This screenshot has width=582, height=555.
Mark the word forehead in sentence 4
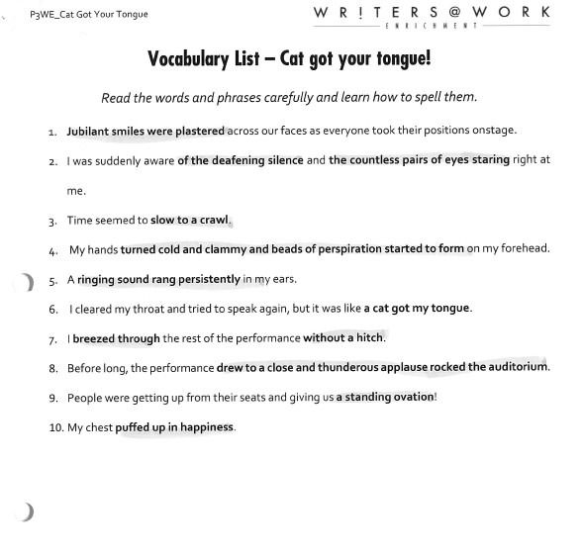pyautogui.click(x=517, y=249)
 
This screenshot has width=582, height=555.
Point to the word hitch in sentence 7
pyautogui.click(x=368, y=338)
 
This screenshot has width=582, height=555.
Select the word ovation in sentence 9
pyautogui.click(x=412, y=398)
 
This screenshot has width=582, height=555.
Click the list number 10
pyautogui.click(x=55, y=427)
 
